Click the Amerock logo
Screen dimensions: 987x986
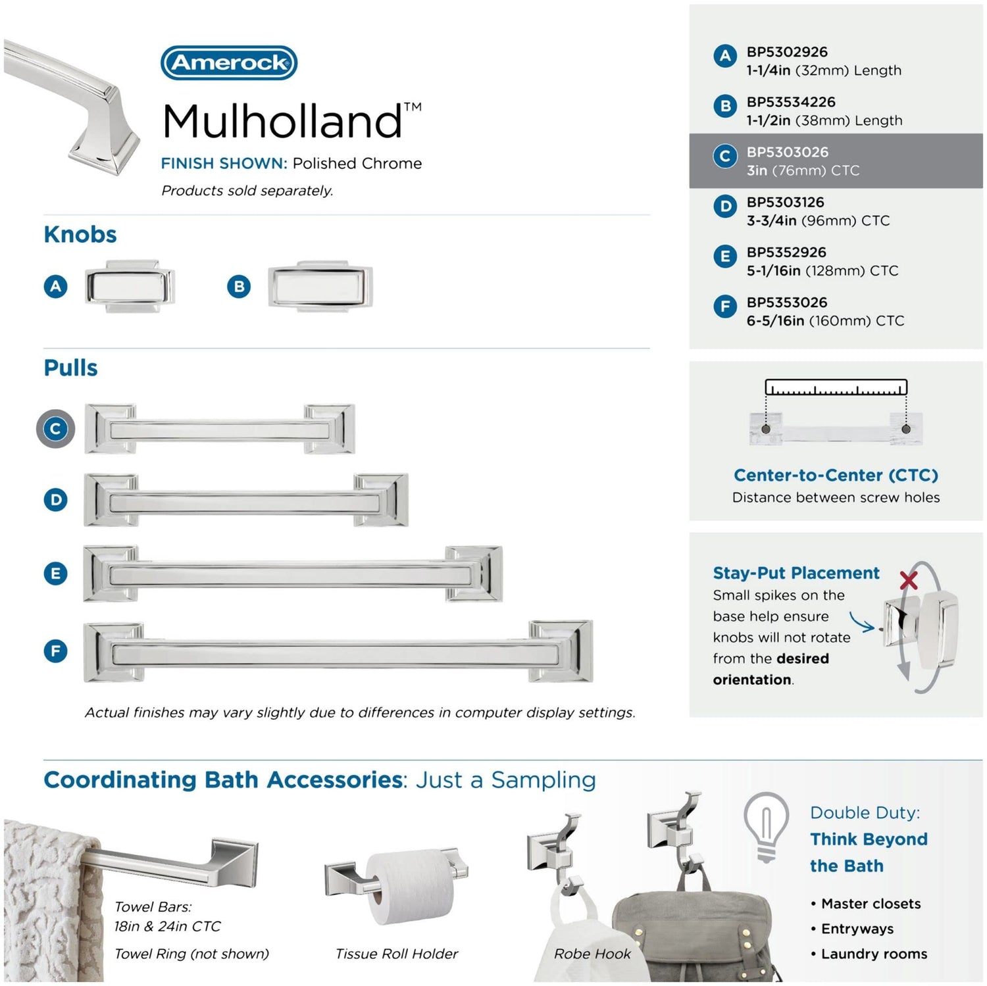pyautogui.click(x=229, y=62)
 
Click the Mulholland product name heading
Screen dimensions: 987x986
pyautogui.click(x=292, y=121)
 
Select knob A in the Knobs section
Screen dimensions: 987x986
pyautogui.click(x=130, y=286)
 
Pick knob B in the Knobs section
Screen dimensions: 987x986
pyautogui.click(x=320, y=286)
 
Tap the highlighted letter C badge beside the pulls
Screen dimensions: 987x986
pyautogui.click(x=55, y=429)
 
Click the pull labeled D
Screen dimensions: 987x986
pyautogui.click(x=246, y=500)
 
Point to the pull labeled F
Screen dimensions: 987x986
pyautogui.click(x=338, y=651)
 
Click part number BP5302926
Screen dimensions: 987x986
pyautogui.click(x=787, y=52)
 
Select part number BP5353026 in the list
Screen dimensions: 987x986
pyautogui.click(x=787, y=303)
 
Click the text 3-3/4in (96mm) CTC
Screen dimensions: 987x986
pyautogui.click(x=818, y=220)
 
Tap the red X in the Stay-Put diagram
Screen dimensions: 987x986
pyautogui.click(x=909, y=580)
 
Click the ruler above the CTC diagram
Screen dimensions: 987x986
pyautogui.click(x=836, y=387)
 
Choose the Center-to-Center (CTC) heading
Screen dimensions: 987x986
pyautogui.click(x=836, y=475)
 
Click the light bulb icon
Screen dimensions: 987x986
pyautogui.click(x=766, y=827)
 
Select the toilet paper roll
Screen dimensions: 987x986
pyautogui.click(x=409, y=885)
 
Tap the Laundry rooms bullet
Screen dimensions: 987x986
pyautogui.click(x=869, y=954)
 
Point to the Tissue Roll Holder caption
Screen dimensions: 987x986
pyautogui.click(x=397, y=954)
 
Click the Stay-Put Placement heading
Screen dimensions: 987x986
pyautogui.click(x=796, y=573)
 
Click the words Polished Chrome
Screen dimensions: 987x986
pyautogui.click(x=357, y=163)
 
